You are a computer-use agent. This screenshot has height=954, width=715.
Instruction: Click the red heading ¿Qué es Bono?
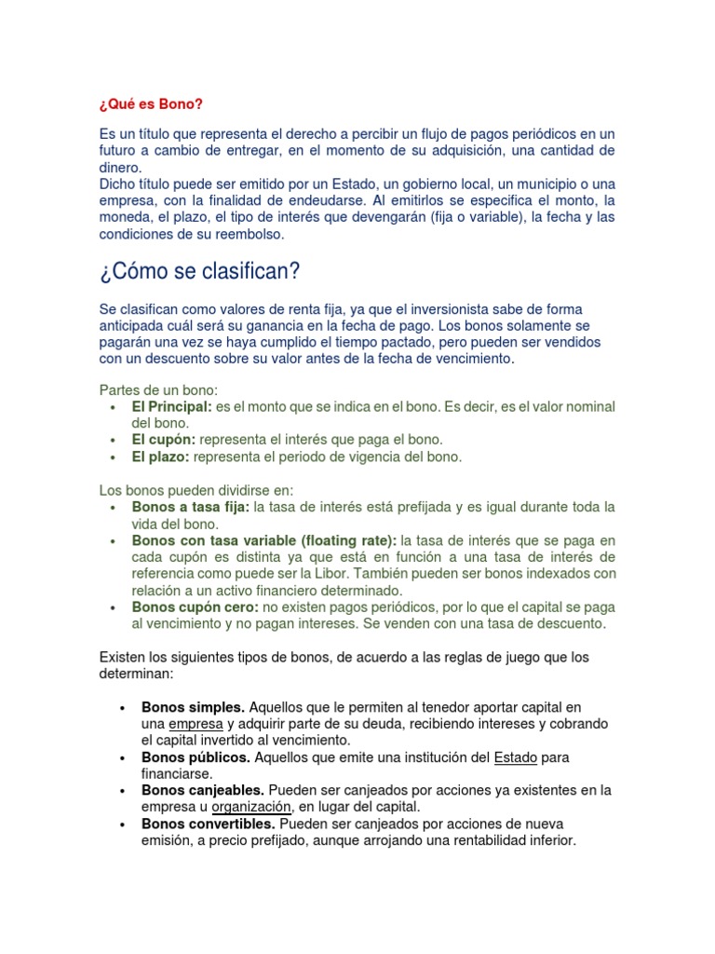[150, 102]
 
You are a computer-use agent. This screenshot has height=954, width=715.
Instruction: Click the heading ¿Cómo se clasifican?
[198, 272]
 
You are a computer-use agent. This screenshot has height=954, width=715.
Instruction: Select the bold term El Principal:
[172, 407]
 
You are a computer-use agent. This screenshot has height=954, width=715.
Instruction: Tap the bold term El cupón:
[164, 440]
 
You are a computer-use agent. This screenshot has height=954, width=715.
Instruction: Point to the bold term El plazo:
[161, 457]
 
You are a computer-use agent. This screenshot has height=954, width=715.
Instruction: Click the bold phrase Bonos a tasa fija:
[191, 508]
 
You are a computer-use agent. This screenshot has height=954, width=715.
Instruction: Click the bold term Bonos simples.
[193, 707]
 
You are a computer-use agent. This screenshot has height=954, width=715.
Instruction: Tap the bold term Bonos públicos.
[196, 757]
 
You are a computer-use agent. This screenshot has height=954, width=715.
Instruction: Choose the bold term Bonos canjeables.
[203, 790]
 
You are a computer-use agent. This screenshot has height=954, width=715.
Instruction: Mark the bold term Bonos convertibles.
[208, 824]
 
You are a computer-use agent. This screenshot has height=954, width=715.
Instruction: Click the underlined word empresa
[196, 724]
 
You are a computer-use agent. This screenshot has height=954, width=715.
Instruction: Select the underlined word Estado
[515, 757]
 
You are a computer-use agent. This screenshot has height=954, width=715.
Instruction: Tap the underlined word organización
[252, 807]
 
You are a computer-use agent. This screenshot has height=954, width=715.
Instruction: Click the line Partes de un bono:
[158, 389]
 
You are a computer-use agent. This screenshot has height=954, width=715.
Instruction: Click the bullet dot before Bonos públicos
[123, 758]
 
